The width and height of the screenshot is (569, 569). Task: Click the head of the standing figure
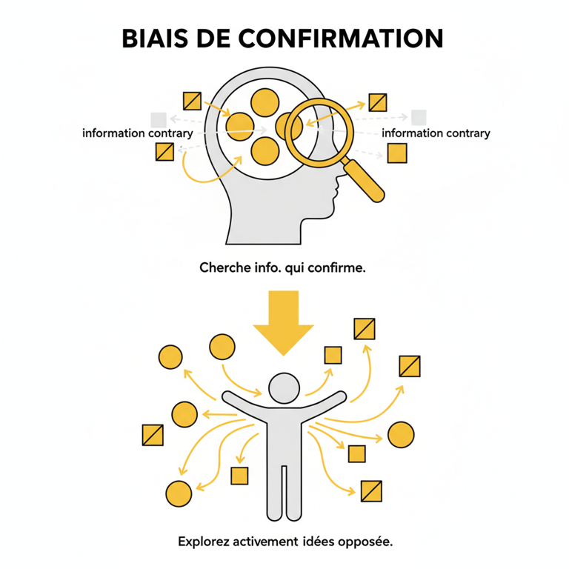(284, 388)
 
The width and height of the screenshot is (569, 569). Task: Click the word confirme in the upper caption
(339, 267)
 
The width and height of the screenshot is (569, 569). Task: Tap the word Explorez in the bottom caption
(202, 542)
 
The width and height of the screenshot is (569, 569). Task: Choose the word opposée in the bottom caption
(364, 542)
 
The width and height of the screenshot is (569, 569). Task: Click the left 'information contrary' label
(138, 133)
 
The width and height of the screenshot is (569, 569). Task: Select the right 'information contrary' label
(436, 133)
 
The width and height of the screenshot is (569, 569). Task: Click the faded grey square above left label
(158, 119)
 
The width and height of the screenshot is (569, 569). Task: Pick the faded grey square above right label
(419, 116)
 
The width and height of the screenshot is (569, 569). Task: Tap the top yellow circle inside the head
(264, 101)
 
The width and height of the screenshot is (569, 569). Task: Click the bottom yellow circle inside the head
(264, 151)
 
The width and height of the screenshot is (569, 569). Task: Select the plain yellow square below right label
(398, 153)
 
